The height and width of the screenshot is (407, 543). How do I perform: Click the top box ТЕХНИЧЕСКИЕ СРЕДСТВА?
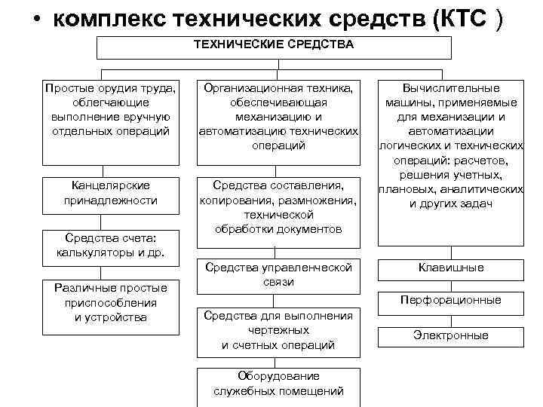[x=273, y=46]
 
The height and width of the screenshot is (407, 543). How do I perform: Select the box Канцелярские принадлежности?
[x=111, y=193]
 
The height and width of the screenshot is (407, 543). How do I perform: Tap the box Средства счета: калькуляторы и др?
[x=111, y=246]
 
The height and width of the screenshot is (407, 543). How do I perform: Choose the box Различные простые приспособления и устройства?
[x=111, y=302]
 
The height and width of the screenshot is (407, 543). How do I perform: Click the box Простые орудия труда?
[x=111, y=121]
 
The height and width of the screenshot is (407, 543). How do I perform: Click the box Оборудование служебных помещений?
[x=278, y=383]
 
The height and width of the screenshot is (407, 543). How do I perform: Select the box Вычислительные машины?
[x=451, y=161]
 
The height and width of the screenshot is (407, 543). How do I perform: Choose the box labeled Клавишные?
[x=451, y=268]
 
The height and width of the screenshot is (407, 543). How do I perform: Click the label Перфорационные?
[x=451, y=299]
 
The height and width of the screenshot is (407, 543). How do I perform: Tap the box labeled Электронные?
[x=451, y=335]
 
